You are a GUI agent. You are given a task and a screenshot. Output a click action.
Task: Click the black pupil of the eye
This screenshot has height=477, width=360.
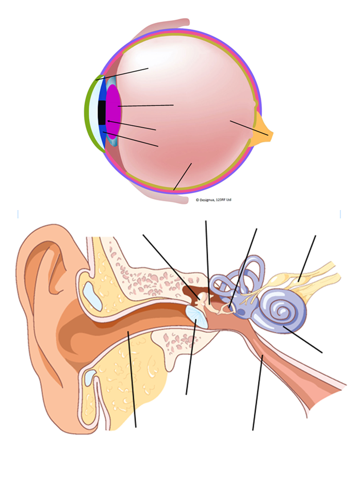102,113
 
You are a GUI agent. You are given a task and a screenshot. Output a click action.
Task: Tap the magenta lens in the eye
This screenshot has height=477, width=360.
113,112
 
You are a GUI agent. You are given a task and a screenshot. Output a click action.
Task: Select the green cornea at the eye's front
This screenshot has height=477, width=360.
90,113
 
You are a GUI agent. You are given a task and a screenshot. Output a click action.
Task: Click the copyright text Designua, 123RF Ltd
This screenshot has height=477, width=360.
214,200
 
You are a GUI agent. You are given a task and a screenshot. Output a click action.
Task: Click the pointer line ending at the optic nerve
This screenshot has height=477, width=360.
249,128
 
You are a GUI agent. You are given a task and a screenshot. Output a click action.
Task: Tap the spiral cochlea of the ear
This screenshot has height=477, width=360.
282,311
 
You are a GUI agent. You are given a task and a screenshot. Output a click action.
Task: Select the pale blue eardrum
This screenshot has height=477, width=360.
197,317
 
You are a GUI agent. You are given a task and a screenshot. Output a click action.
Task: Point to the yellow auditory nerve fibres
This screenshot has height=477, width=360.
307,280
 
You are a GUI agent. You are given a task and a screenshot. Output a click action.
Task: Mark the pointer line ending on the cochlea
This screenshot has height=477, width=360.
303,340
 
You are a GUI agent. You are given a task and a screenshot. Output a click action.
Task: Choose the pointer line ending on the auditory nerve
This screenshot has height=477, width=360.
307,259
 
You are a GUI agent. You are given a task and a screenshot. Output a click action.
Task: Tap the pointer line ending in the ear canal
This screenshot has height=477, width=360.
132,379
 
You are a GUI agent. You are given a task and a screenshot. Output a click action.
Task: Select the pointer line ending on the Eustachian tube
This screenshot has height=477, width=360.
258,393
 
